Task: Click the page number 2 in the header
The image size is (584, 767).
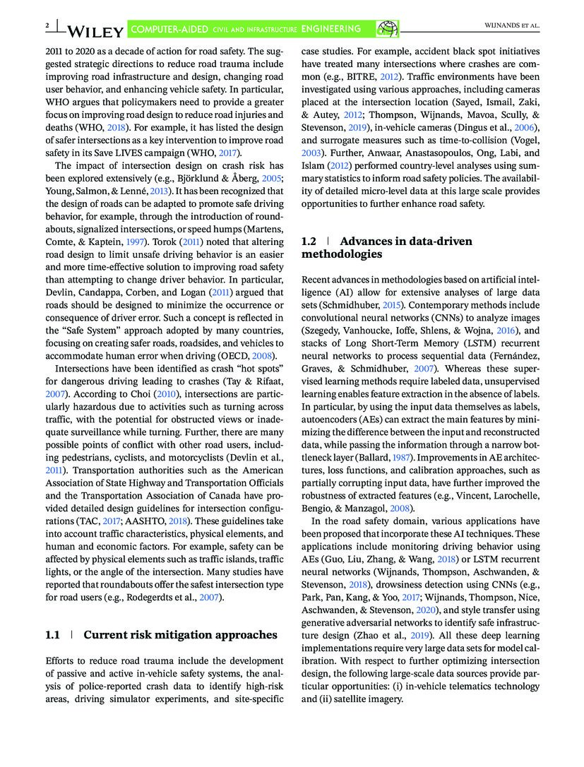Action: (46, 26)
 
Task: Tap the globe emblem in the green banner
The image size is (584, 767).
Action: (388, 28)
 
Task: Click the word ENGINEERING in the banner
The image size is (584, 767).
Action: (330, 29)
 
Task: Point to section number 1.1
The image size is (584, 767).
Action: (52, 635)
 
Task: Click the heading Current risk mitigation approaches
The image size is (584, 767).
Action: (180, 635)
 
